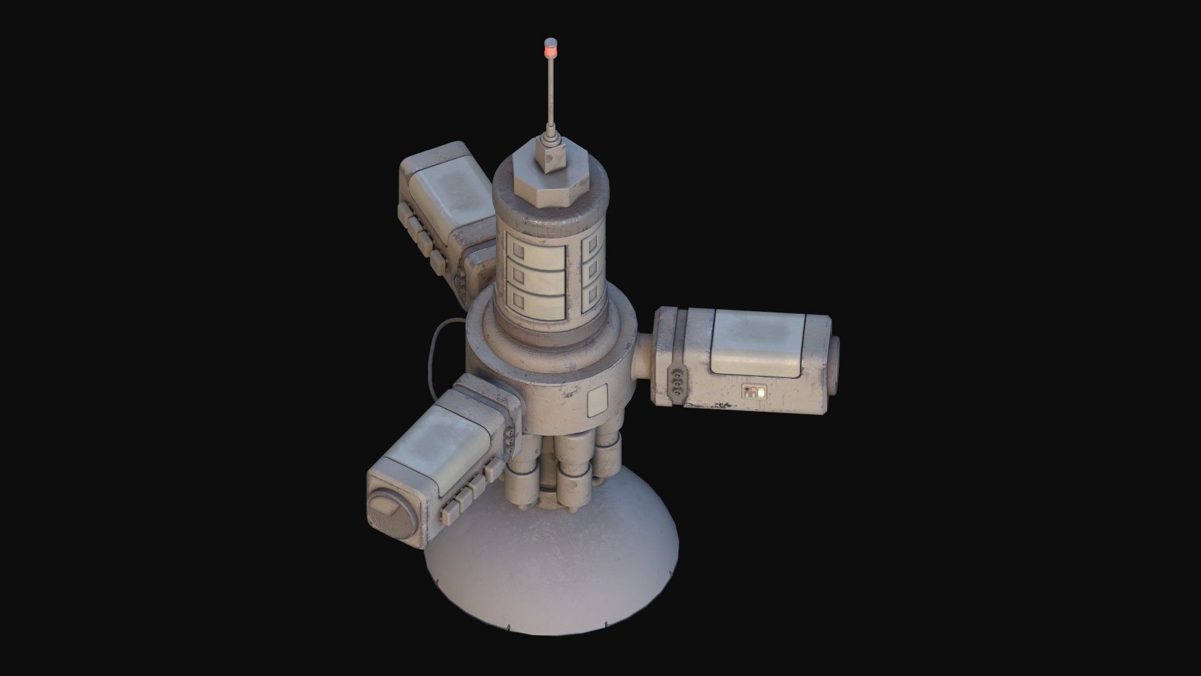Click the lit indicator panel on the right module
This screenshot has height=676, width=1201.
click(753, 392)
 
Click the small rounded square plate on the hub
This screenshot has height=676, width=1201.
click(598, 402)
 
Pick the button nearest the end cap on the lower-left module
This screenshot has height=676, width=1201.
click(450, 513)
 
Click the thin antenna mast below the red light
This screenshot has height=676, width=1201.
click(550, 100)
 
